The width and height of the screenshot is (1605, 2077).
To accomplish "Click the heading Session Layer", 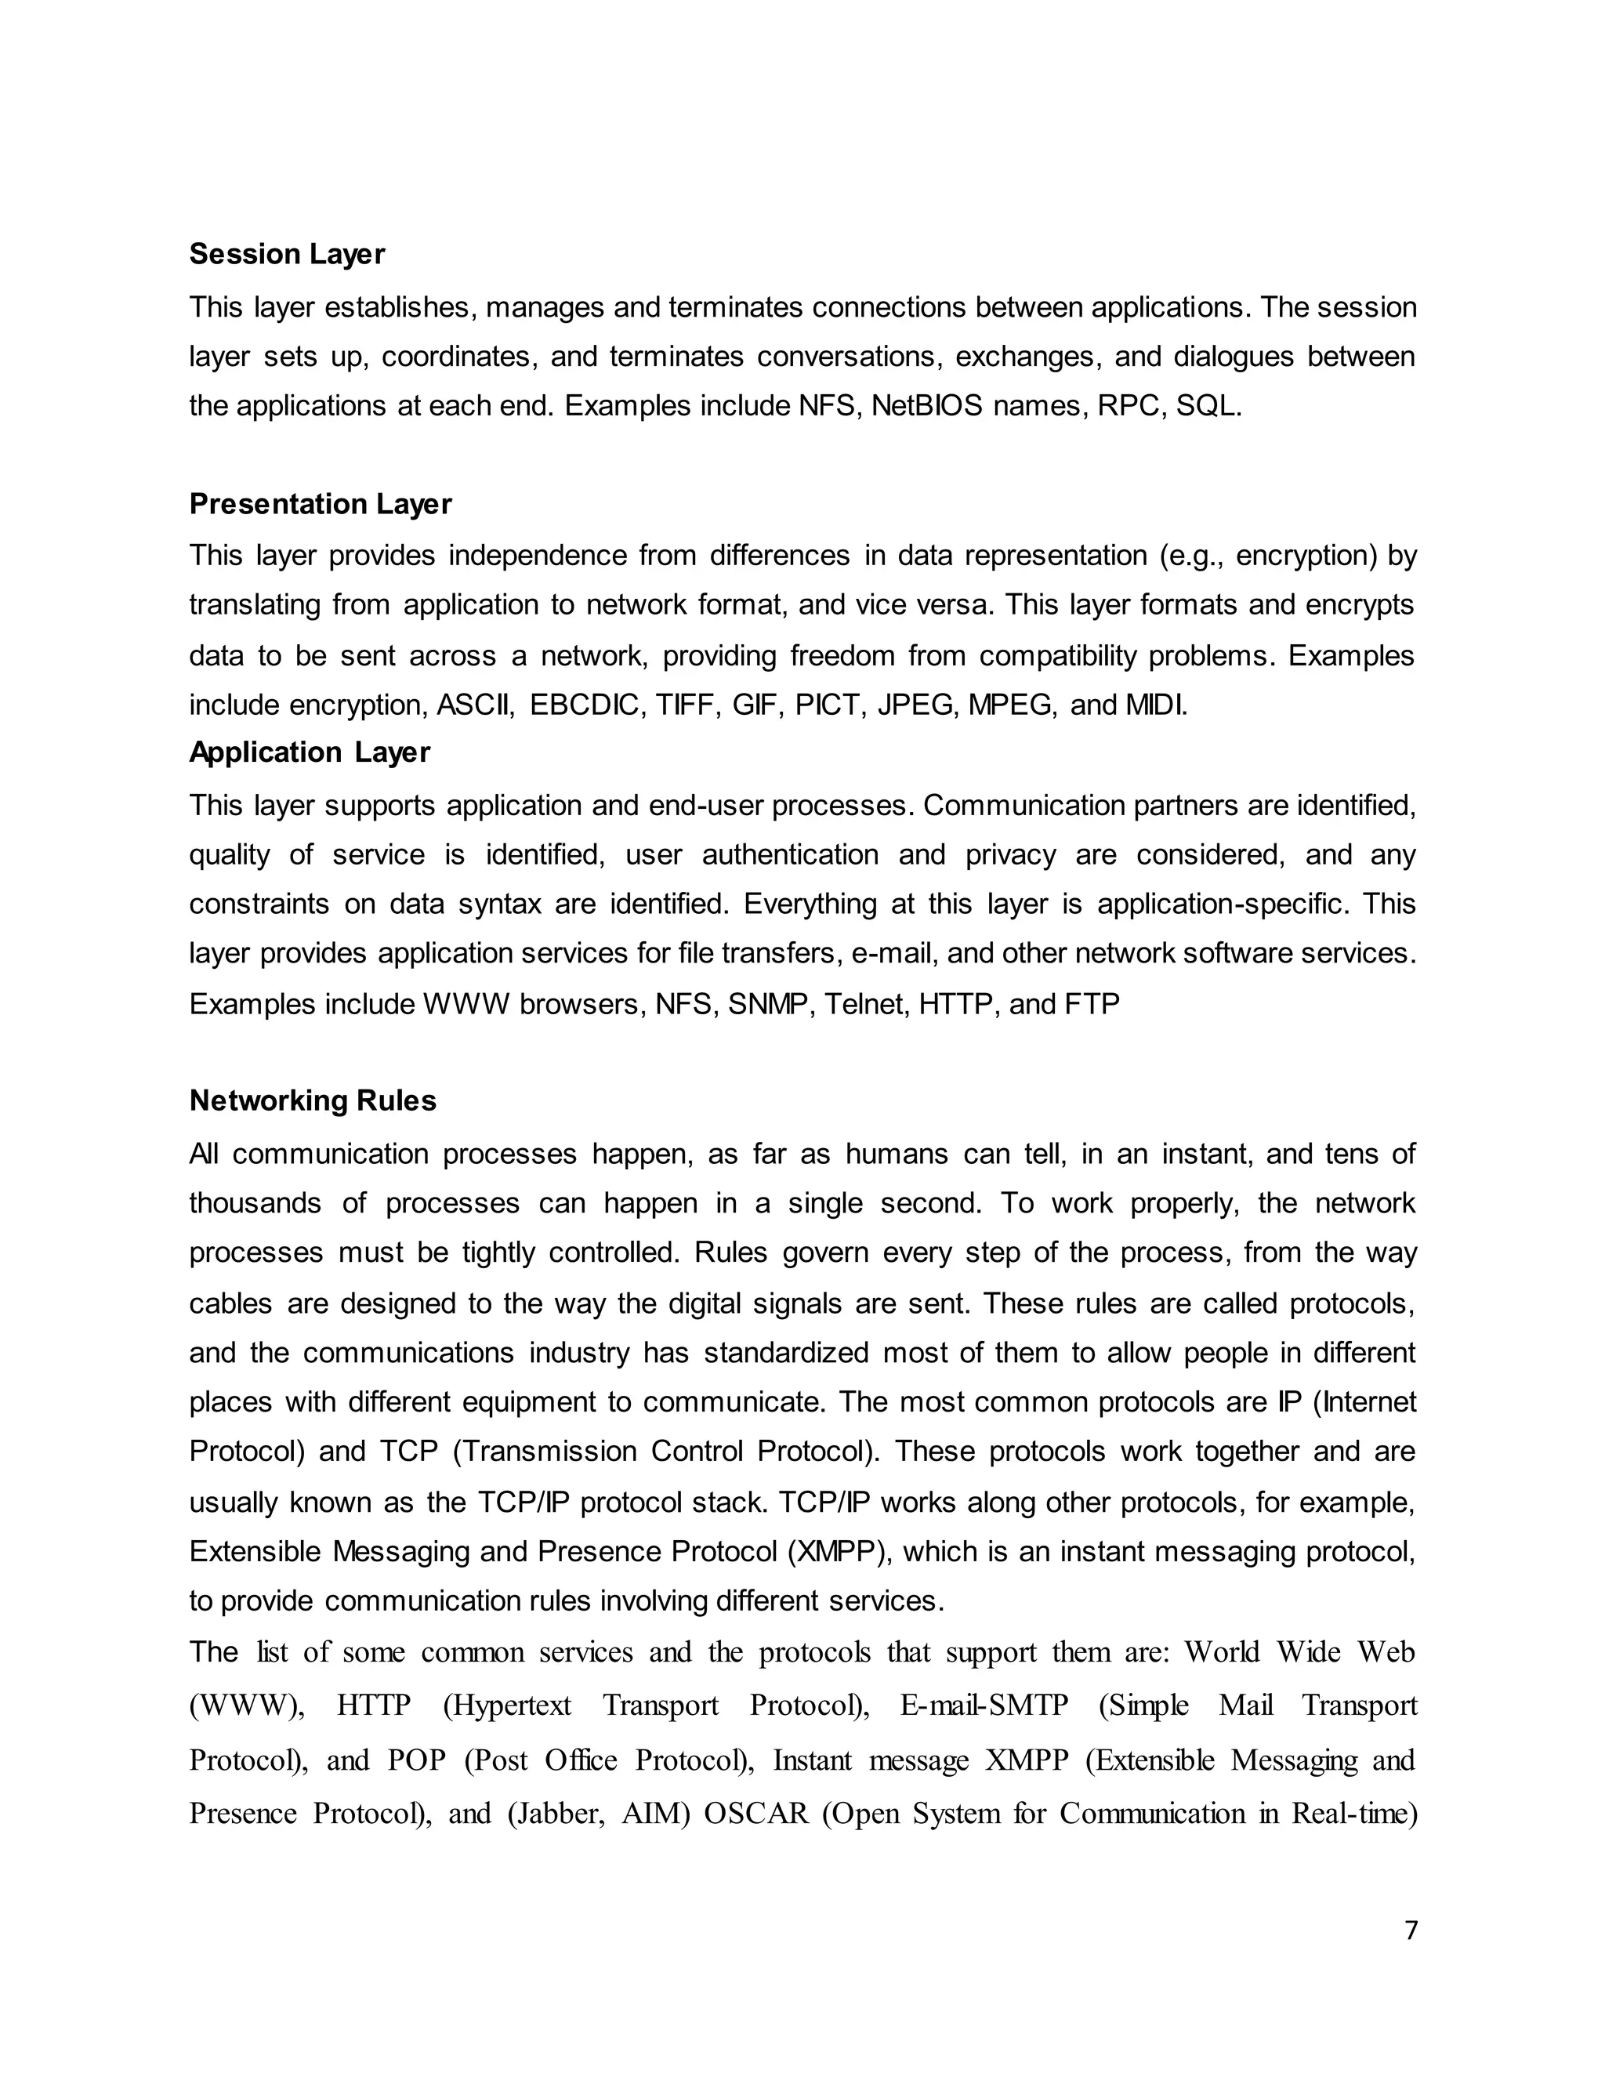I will [286, 254].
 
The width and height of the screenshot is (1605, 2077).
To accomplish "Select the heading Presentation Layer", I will [320, 503].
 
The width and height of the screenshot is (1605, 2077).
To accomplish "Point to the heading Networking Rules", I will [312, 1100].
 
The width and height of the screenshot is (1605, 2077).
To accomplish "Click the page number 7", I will [1410, 1930].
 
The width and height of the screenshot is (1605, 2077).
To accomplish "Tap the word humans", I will [897, 1154].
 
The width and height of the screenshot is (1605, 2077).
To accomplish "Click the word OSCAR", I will [756, 1814].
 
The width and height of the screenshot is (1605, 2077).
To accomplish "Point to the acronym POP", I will [416, 1760].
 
